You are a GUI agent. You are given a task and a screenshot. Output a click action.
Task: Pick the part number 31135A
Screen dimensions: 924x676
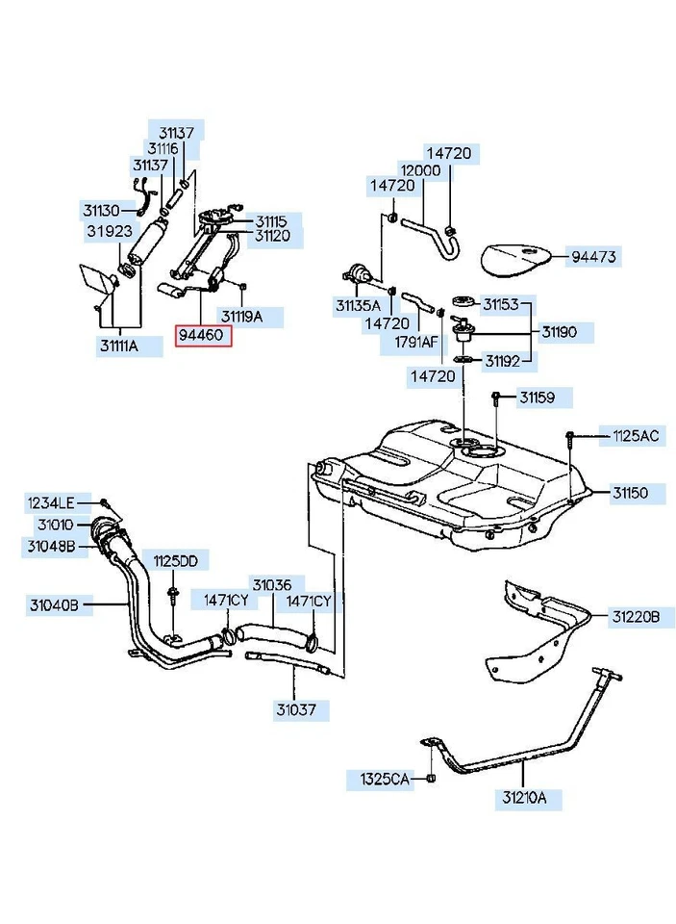358,305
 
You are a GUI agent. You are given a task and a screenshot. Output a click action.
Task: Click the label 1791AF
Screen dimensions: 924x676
415,341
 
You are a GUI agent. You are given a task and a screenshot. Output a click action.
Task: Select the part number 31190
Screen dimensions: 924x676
559,332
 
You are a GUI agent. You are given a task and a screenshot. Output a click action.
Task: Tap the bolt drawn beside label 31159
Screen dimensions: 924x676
496,398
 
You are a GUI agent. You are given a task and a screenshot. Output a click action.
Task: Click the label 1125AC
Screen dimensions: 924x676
636,436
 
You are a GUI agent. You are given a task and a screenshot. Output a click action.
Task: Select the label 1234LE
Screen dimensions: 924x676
50,502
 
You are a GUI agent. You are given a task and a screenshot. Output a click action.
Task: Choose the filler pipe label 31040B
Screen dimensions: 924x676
54,605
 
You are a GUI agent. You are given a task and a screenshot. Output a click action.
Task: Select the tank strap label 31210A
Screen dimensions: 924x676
523,798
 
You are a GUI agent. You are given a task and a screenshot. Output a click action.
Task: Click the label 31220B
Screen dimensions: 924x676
634,613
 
